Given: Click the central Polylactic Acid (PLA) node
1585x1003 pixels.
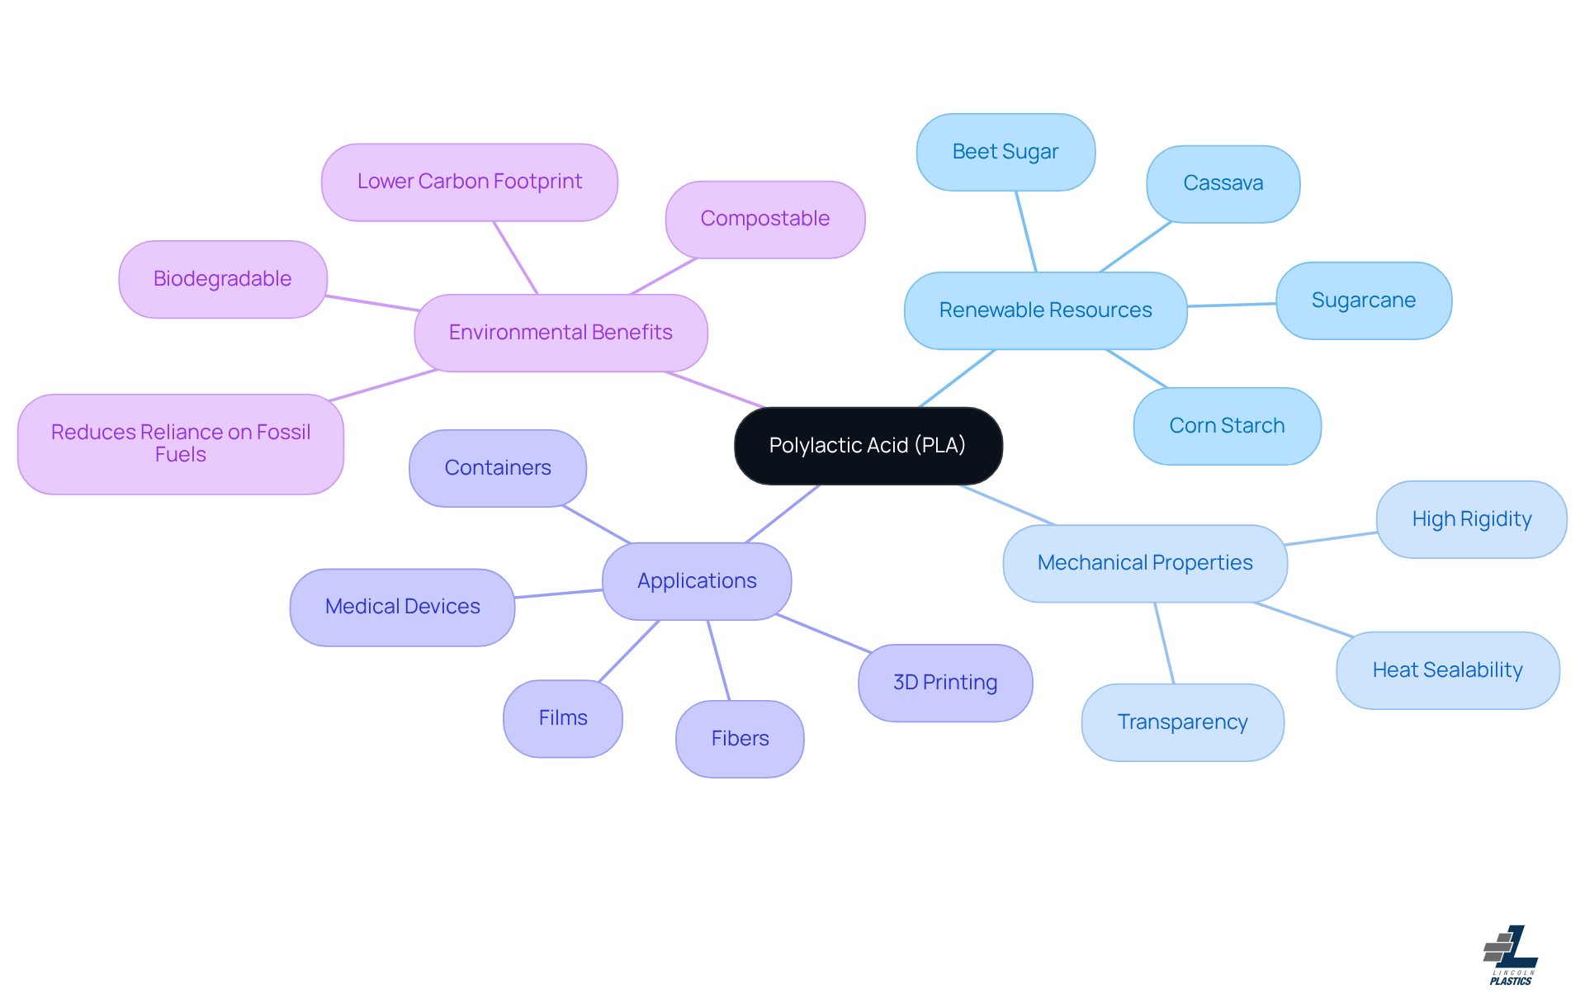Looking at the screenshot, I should click(868, 446).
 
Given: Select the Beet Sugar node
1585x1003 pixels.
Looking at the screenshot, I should click(1005, 152).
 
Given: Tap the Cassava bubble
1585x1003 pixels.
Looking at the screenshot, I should click(1223, 183).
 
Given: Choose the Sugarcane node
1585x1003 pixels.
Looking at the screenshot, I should click(1363, 300).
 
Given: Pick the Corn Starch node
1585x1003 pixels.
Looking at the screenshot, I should click(1227, 426).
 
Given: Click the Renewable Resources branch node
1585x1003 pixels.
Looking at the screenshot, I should click(1045, 310).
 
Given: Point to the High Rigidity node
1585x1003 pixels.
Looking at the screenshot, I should click(1471, 519).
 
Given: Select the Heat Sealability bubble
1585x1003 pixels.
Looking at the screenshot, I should click(1447, 670).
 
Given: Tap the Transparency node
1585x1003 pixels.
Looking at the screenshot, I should click(1182, 722).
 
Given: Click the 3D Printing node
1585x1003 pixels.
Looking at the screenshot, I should click(945, 683).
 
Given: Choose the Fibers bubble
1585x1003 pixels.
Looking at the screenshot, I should click(740, 739).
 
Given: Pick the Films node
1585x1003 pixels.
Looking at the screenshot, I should click(563, 718).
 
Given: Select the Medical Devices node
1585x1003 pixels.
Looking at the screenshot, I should click(402, 607).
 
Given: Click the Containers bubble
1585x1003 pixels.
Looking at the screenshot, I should click(498, 468).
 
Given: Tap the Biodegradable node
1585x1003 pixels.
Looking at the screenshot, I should click(222, 279).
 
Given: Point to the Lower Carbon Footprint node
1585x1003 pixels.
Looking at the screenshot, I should click(469, 182).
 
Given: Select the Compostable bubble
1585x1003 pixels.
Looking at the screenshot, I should click(764, 219).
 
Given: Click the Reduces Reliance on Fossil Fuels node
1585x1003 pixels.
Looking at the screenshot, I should click(180, 443).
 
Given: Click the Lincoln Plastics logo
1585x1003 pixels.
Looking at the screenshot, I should click(1510, 955).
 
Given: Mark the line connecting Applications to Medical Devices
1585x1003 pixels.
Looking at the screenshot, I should click(558, 594).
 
